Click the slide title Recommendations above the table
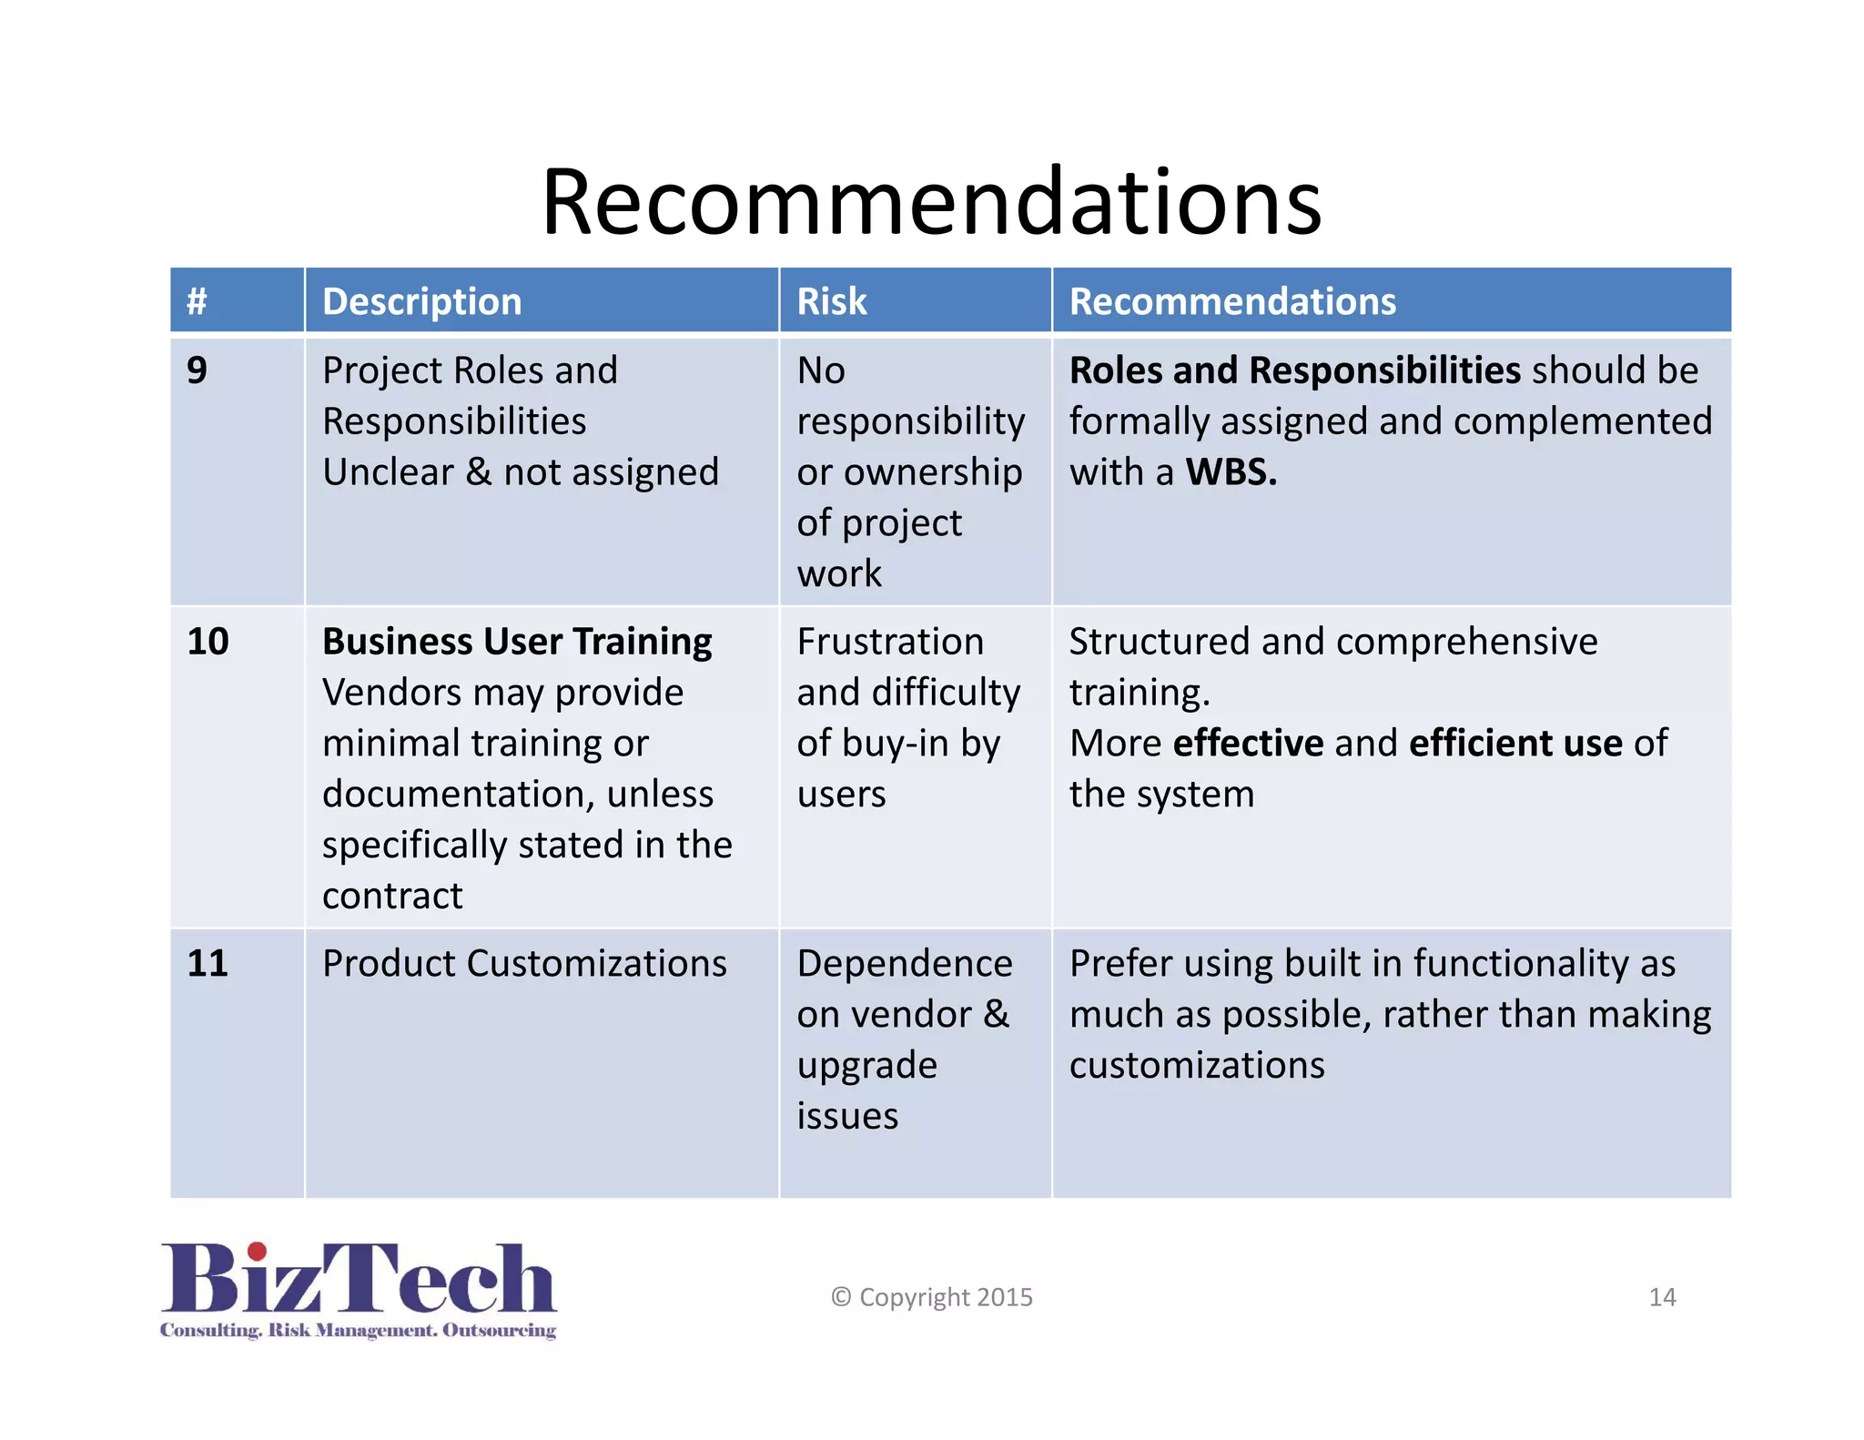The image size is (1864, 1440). pos(931,201)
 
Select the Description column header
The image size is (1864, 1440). pos(421,301)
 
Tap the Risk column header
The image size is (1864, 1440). pos(831,301)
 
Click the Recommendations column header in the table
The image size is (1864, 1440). pos(1231,301)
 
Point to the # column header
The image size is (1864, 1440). pos(197,301)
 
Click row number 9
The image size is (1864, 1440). pos(197,370)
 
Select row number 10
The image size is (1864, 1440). pos(208,642)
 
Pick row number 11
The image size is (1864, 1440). pos(208,964)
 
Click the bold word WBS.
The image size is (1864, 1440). pos(1230,472)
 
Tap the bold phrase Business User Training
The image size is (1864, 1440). pos(517,642)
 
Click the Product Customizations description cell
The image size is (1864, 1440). pos(524,964)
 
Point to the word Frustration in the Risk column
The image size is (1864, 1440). pos(889,642)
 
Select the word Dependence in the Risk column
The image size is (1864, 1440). pos(904,964)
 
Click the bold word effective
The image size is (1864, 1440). pos(1248,744)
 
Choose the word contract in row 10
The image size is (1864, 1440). pos(392,897)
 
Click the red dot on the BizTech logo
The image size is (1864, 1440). pos(258,1252)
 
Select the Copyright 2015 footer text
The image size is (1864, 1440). pos(932,1297)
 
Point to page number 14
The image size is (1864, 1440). pos(1662,1297)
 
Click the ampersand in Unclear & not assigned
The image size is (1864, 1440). pos(479,472)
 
